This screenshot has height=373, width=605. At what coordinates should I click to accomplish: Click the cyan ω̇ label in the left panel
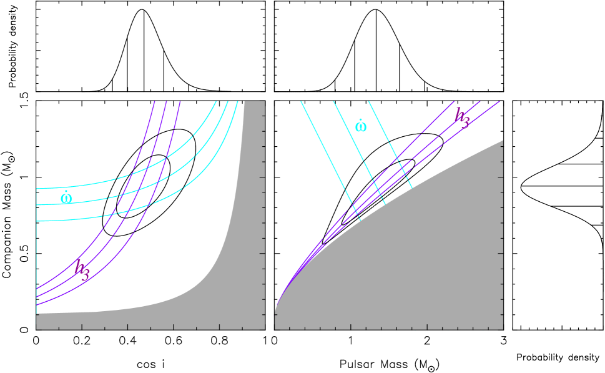point(66,198)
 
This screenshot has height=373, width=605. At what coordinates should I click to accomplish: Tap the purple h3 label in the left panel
point(82,269)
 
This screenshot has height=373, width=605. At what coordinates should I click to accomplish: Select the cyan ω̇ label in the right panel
point(361,126)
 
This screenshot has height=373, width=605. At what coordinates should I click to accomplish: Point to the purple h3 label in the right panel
point(461,117)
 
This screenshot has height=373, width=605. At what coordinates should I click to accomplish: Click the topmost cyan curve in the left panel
point(94,185)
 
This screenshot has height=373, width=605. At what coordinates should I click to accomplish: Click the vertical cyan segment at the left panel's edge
point(36,250)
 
